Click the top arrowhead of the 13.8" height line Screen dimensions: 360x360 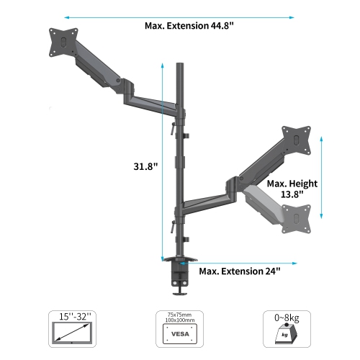pos(321,143)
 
